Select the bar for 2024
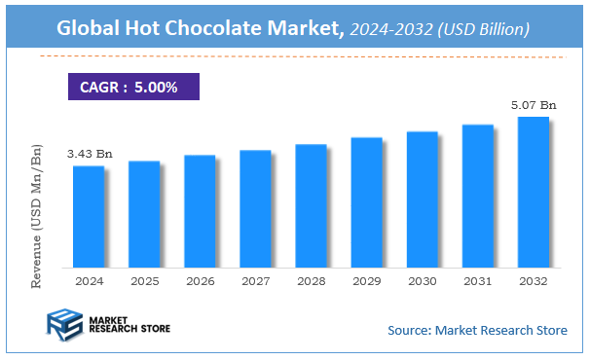(x=89, y=216)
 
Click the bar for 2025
(x=144, y=214)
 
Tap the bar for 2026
(x=200, y=211)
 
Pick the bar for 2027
(x=255, y=208)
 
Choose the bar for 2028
(x=311, y=205)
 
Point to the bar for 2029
(x=366, y=202)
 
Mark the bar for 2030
(x=422, y=199)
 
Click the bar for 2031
(x=477, y=196)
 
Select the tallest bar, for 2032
(x=533, y=192)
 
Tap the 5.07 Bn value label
(x=534, y=105)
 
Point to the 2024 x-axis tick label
(x=89, y=280)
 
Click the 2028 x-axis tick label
(x=311, y=280)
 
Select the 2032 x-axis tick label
(x=533, y=280)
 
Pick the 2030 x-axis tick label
(x=422, y=280)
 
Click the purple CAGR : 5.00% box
(x=132, y=87)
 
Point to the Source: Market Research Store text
(x=477, y=331)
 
